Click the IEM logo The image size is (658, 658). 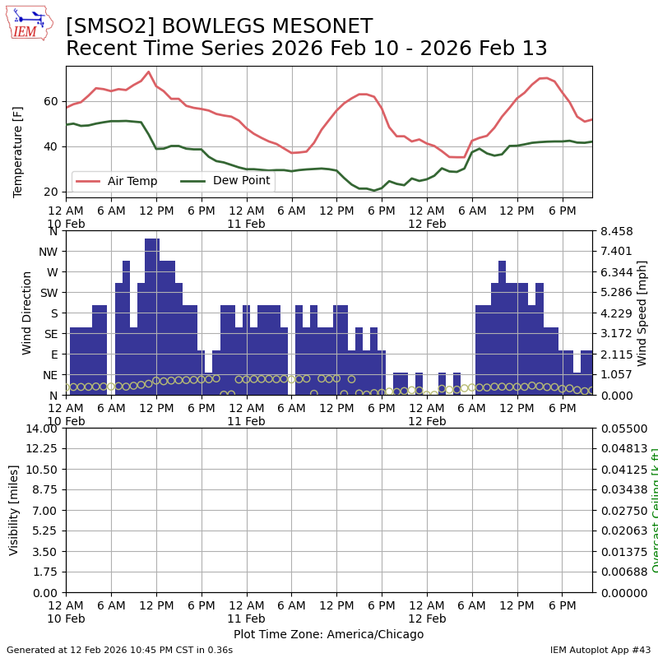pos(29,22)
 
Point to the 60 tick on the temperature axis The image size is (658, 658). pos(51,101)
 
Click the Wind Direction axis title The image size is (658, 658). pos(28,313)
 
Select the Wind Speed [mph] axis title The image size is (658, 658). pos(642,313)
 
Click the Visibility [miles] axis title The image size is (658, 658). pos(14,509)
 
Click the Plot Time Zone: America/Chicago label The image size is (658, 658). pos(328,634)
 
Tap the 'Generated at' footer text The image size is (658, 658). pos(120,650)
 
